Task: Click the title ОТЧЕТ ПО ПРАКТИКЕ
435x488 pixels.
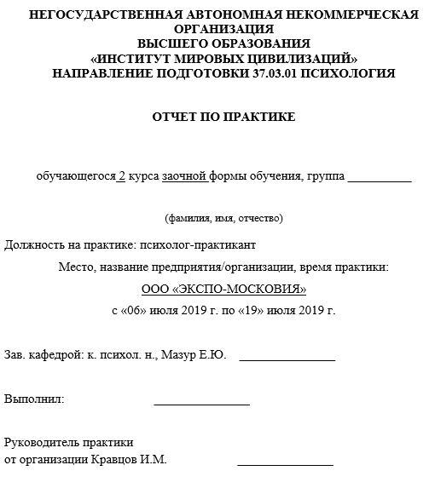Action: [223, 117]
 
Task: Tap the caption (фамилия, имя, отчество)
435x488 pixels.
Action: [223, 218]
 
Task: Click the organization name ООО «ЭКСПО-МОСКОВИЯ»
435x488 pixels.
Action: [223, 289]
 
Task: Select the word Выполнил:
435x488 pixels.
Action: [34, 399]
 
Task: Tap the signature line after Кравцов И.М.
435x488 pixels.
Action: [285, 464]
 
